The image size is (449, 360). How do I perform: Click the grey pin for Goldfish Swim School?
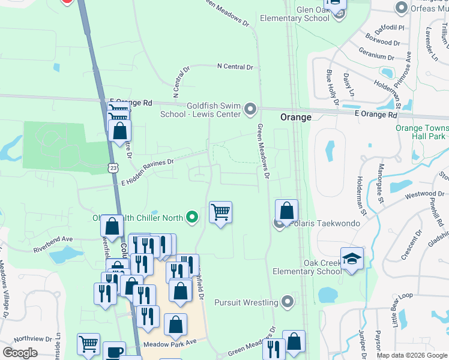pos(250,110)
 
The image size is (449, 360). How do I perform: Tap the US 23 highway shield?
pos(113,169)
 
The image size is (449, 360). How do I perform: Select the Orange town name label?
pos(296,118)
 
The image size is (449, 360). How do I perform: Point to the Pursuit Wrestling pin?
pos(288,302)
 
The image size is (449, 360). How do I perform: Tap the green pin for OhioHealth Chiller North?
pos(191,217)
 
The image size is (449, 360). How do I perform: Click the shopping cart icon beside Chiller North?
pos(220,212)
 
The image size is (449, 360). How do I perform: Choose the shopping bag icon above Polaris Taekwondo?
pos(287,211)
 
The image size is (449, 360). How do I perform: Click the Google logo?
pos(20,353)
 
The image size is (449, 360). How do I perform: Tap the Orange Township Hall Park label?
pos(422,132)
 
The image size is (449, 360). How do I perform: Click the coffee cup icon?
pos(114,352)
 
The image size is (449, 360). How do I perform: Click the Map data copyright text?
pos(411,355)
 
